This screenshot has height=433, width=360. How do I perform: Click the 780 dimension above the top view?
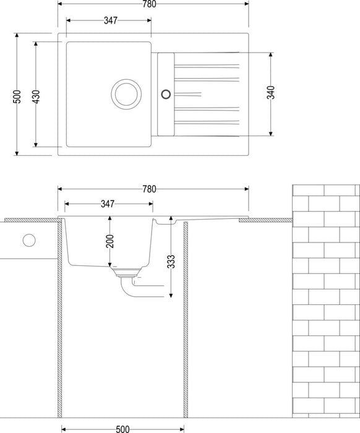pyautogui.click(x=149, y=4)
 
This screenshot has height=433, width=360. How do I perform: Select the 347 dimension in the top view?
pyautogui.click(x=111, y=20)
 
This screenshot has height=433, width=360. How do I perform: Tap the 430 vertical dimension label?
pyautogui.click(x=36, y=96)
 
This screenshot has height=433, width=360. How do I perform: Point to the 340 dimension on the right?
pyautogui.click(x=271, y=92)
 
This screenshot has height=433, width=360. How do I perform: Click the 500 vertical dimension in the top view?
pyautogui.click(x=17, y=96)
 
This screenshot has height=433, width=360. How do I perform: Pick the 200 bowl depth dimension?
pyautogui.click(x=110, y=241)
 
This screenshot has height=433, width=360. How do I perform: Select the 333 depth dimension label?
pyautogui.click(x=171, y=262)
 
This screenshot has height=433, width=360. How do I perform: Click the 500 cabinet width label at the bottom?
pyautogui.click(x=122, y=429)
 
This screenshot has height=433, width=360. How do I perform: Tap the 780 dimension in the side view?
pyautogui.click(x=149, y=189)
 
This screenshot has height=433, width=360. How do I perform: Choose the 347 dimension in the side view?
pyautogui.click(x=108, y=204)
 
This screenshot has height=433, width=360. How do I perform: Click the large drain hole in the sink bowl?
pyautogui.click(x=126, y=94)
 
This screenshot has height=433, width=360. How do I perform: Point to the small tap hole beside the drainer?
pyautogui.click(x=166, y=94)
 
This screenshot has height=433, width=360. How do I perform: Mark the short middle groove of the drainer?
pyautogui.click(x=187, y=95)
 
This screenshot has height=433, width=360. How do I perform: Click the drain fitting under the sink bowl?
pyautogui.click(x=127, y=272)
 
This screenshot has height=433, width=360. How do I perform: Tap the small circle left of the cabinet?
pyautogui.click(x=29, y=240)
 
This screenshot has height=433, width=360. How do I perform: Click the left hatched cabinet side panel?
pyautogui.click(x=59, y=317)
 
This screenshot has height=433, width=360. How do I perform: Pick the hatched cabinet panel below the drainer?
pyautogui.click(x=186, y=320)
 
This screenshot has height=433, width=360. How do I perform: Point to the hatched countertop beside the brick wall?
pyautogui.click(x=265, y=220)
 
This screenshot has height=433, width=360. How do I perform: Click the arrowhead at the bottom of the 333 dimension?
pyautogui.click(x=171, y=295)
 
